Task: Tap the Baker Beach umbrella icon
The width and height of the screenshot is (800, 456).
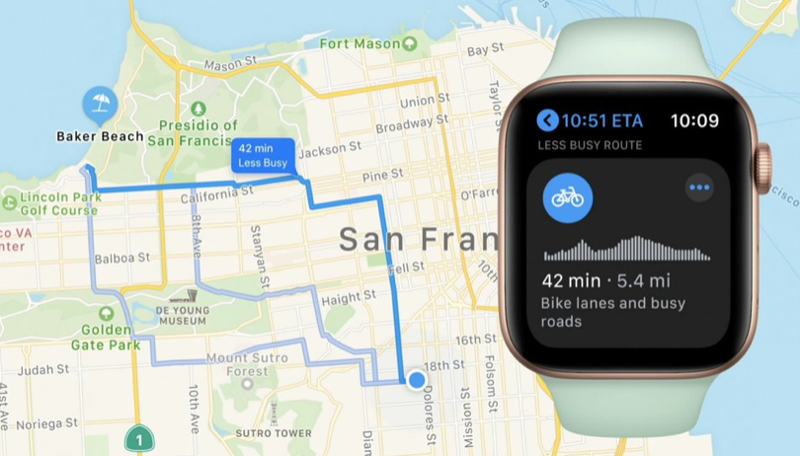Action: (99, 103)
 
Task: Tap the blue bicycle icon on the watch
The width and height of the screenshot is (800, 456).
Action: (567, 197)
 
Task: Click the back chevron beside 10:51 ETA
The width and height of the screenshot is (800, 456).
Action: (547, 120)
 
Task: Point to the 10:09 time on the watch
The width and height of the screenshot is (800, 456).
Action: (694, 121)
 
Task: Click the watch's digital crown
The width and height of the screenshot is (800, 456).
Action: (764, 168)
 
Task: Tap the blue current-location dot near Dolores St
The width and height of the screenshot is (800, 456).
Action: (417, 379)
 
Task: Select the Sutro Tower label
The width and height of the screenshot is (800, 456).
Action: (274, 432)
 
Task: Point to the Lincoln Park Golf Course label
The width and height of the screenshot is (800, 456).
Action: (59, 203)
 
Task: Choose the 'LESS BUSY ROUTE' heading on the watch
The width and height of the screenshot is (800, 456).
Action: (590, 145)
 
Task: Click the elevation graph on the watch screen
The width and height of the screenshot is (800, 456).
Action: (626, 249)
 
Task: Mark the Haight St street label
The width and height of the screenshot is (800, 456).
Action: (349, 296)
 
